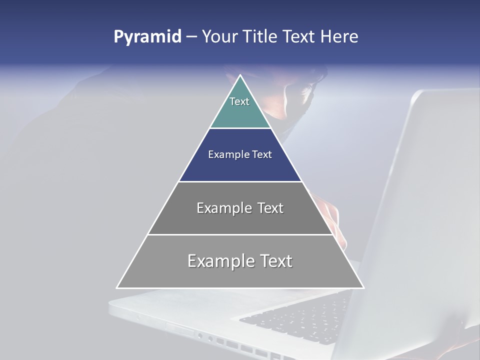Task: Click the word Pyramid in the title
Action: pyautogui.click(x=147, y=37)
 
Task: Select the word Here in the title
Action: pyautogui.click(x=339, y=37)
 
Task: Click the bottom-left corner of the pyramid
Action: pyautogui.click(x=118, y=287)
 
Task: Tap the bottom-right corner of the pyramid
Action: pyautogui.click(x=362, y=287)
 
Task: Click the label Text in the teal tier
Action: pyautogui.click(x=239, y=101)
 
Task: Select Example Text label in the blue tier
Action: pyautogui.click(x=240, y=154)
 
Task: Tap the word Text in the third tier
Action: pyautogui.click(x=269, y=208)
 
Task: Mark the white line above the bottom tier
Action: pyautogui.click(x=240, y=234)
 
